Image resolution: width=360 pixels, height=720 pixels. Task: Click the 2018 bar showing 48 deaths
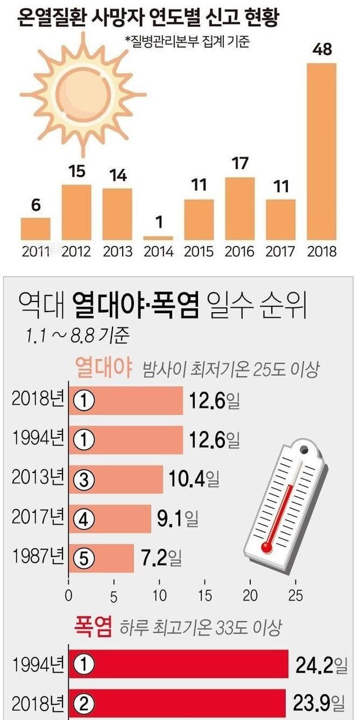click(x=321, y=151)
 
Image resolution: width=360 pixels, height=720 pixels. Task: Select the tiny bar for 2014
click(x=158, y=238)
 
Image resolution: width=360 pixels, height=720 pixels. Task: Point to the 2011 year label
click(x=36, y=251)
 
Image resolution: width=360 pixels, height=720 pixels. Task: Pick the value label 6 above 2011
click(x=36, y=205)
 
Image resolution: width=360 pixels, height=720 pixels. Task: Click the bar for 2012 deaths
click(x=76, y=212)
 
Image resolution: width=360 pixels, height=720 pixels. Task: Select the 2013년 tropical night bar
click(x=116, y=480)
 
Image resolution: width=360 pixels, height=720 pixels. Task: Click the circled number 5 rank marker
click(x=84, y=560)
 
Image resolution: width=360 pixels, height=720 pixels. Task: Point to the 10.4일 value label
click(x=193, y=480)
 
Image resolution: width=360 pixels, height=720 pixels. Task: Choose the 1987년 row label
click(x=38, y=559)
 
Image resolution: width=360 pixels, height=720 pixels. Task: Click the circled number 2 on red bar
click(x=84, y=704)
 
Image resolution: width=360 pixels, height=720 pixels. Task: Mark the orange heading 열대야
click(x=104, y=369)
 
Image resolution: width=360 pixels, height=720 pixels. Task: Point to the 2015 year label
click(x=199, y=251)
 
